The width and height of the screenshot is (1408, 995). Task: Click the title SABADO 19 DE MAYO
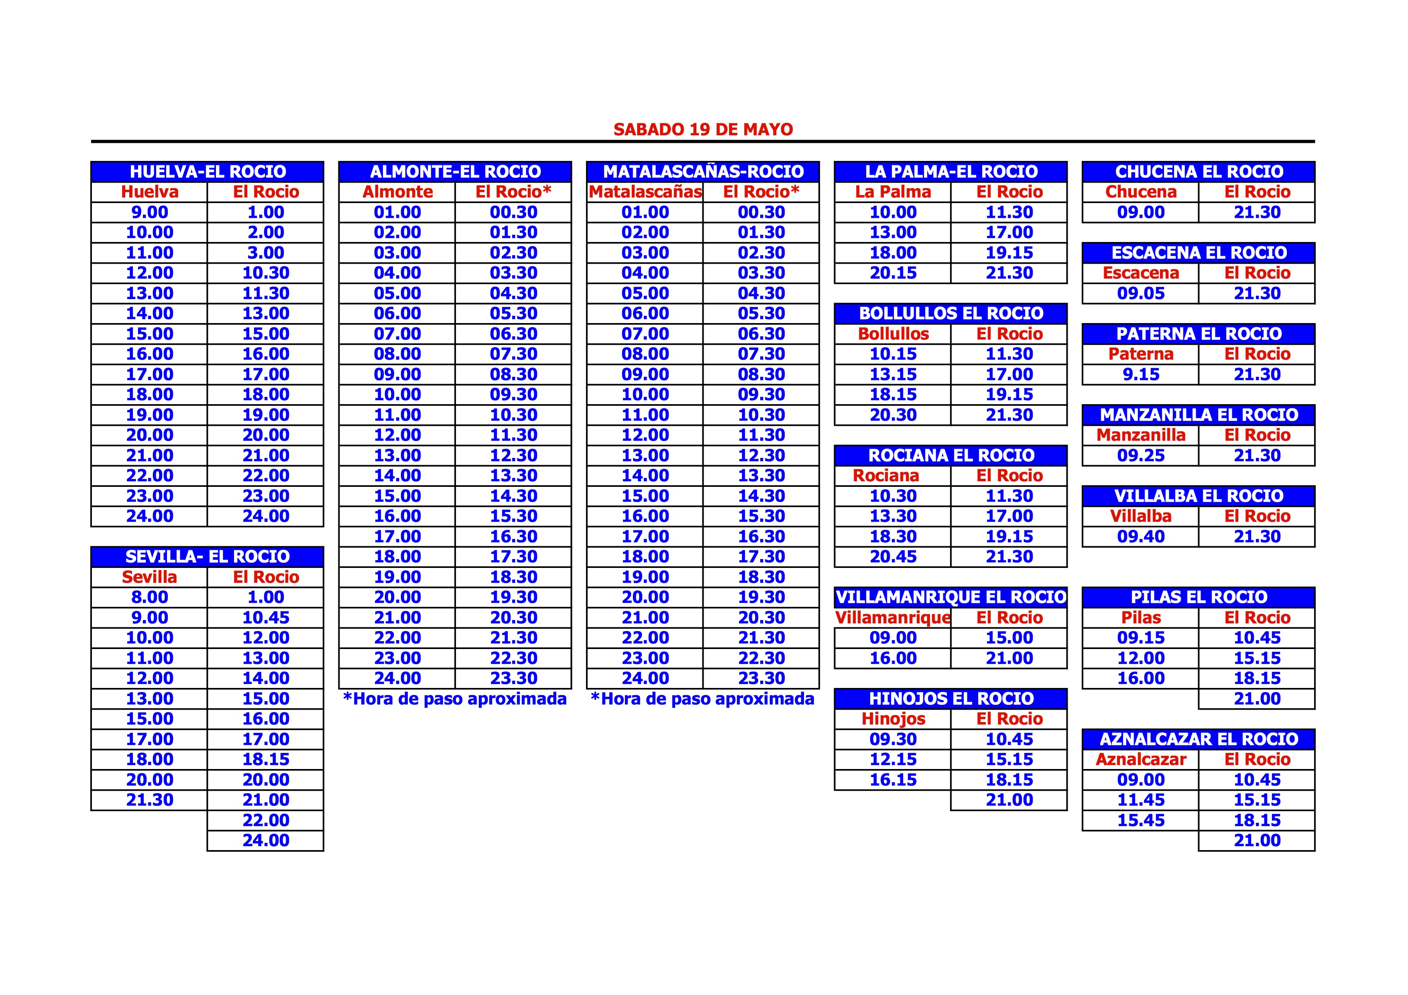coord(703,129)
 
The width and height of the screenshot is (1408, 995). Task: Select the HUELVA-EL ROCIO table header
coord(207,172)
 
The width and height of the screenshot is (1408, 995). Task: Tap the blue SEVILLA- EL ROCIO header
coord(207,557)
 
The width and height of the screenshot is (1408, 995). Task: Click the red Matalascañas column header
coord(645,192)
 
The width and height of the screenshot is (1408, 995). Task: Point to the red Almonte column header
coord(397,192)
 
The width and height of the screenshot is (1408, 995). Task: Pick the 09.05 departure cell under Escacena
coord(1141,293)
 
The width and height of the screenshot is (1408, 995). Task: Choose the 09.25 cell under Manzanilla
coord(1141,456)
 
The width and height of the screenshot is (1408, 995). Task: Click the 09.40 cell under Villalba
coord(1141,536)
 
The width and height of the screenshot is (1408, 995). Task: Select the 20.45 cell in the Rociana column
coord(893,557)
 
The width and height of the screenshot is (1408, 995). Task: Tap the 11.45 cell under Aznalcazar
coord(1141,800)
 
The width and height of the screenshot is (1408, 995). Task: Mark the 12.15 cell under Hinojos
coord(893,759)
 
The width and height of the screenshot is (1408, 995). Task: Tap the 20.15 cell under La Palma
coord(893,273)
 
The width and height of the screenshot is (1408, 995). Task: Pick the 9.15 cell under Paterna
coord(1141,374)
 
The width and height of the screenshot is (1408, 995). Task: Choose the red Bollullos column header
coord(893,334)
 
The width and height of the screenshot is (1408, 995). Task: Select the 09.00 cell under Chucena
coord(1141,212)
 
